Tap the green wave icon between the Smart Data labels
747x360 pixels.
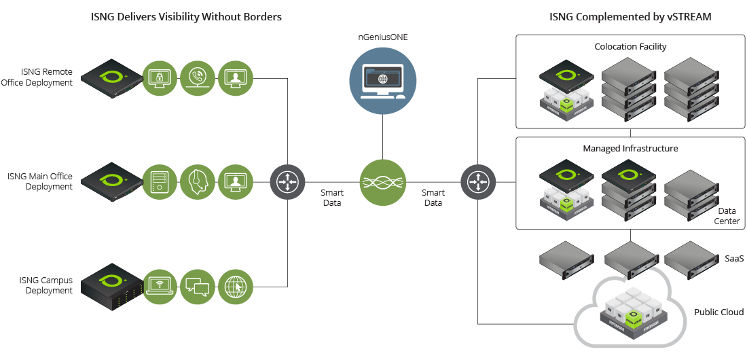pos(382,181)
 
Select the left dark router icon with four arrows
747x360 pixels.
pos(288,181)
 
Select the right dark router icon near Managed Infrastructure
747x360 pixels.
pos(478,181)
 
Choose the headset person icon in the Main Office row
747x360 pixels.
pos(198,181)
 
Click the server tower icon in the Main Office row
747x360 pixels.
pos(160,181)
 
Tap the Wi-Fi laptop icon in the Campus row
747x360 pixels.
pos(160,285)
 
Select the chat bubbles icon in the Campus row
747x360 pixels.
pos(198,285)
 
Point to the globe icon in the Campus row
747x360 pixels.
pos(235,285)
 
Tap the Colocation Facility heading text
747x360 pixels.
pos(630,47)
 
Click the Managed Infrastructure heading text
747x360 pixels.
pos(630,148)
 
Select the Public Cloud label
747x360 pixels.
pos(718,312)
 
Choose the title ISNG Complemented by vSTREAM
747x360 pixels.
pos(630,17)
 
